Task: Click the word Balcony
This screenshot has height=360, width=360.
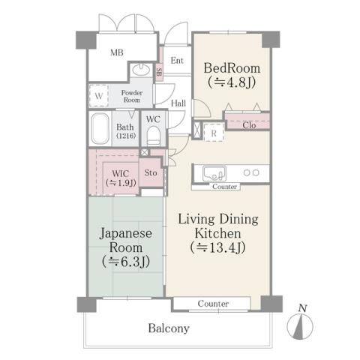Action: [x=168, y=328]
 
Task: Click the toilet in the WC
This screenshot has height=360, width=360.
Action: [x=154, y=135]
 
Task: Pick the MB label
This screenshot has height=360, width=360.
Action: [x=117, y=53]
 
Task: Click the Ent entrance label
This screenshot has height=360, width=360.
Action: [x=177, y=61]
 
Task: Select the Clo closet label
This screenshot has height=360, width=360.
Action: [x=249, y=125]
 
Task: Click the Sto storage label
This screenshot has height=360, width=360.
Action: [x=150, y=172]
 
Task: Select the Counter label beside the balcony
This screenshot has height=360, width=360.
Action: [x=213, y=304]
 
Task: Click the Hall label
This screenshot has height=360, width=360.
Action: [x=178, y=103]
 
